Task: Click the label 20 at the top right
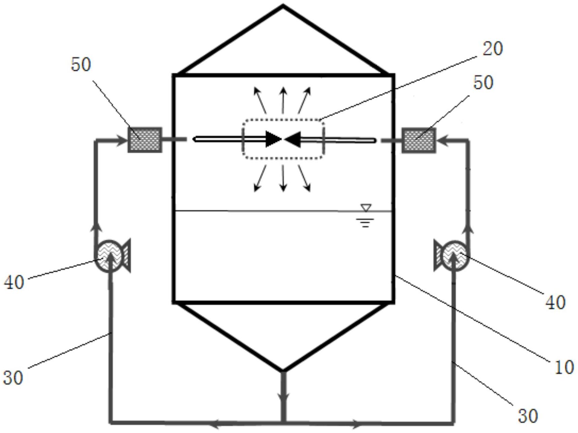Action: point(492,49)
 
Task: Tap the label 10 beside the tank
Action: point(564,367)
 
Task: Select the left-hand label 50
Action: point(81,64)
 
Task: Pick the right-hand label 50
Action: point(483,83)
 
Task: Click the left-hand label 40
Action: point(14,282)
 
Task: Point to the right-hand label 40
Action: point(556,302)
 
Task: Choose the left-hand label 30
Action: point(13,377)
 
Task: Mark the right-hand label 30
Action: point(528,416)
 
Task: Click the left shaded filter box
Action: point(145,140)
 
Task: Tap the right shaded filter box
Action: point(419,140)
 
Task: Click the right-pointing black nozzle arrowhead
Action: point(274,139)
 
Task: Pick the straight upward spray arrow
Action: point(283,100)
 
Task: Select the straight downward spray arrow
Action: point(283,178)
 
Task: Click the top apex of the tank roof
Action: point(283,5)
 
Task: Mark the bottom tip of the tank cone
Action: point(283,370)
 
